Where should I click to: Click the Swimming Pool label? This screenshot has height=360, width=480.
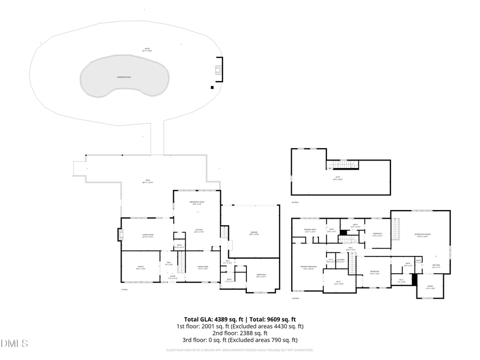124,77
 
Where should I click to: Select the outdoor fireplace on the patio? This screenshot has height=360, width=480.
218,71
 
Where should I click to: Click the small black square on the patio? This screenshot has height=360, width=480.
212,87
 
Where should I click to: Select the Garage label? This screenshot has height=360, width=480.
254,233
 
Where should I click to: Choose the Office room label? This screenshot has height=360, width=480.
141,268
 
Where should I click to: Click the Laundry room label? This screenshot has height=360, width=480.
340,261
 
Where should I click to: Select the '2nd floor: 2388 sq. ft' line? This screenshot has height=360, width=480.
239,333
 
